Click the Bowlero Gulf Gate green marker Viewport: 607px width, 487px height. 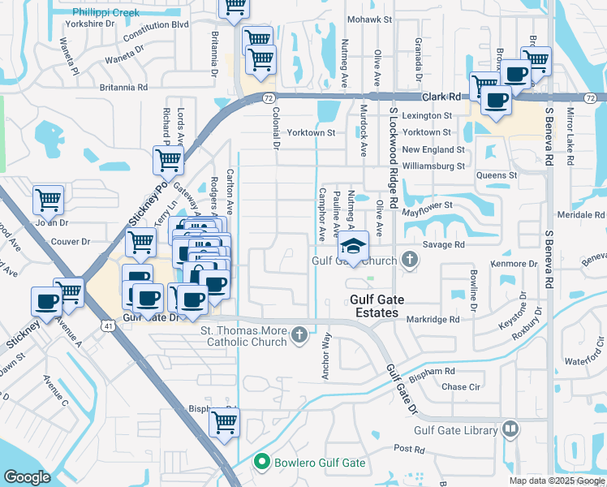[x=261, y=463]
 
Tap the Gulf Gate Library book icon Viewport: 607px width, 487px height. [x=510, y=428]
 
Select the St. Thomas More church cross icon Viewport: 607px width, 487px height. [x=299, y=334]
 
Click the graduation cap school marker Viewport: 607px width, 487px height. [x=353, y=246]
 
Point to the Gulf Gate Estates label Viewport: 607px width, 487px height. [x=374, y=306]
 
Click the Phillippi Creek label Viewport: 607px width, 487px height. [x=105, y=13]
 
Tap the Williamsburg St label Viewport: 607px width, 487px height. [x=438, y=166]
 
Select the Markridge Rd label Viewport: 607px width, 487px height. [x=433, y=320]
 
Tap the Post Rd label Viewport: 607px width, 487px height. [x=409, y=449]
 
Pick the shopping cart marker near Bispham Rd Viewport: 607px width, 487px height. [x=224, y=421]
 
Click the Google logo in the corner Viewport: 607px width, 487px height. [x=27, y=477]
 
